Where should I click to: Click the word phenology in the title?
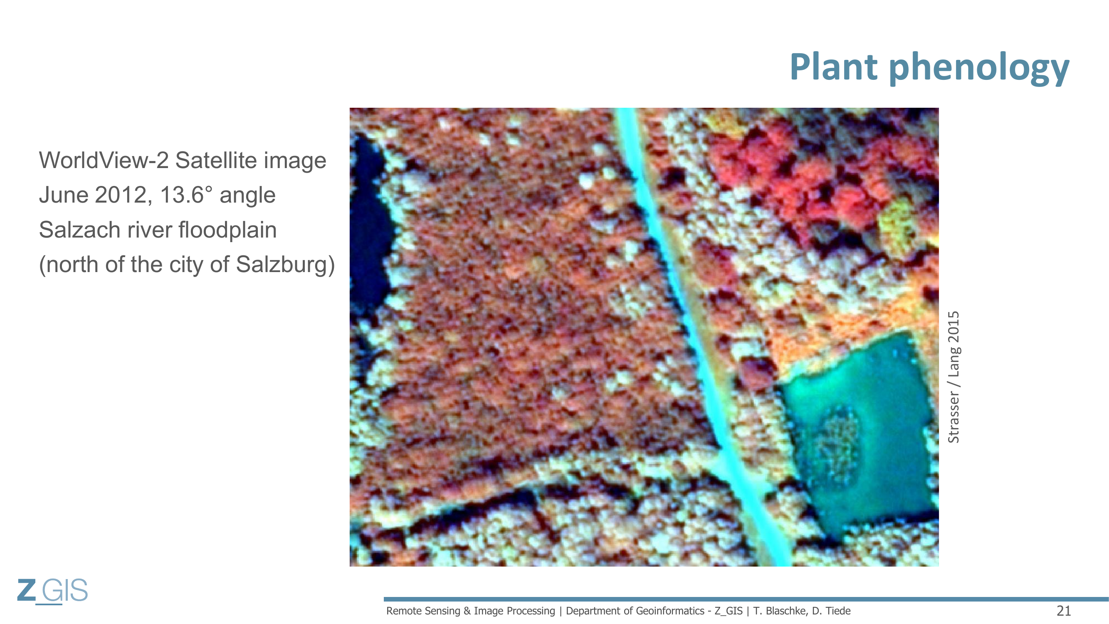pos(979,69)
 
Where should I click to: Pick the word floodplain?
pos(227,230)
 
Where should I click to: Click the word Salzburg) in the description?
pos(285,265)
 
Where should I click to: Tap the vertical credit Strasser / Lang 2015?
pos(953,377)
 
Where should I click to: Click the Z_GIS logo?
pos(52,591)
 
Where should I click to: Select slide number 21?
pos(1064,611)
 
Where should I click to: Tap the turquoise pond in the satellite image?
pos(857,435)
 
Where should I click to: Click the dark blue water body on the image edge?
pos(368,220)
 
